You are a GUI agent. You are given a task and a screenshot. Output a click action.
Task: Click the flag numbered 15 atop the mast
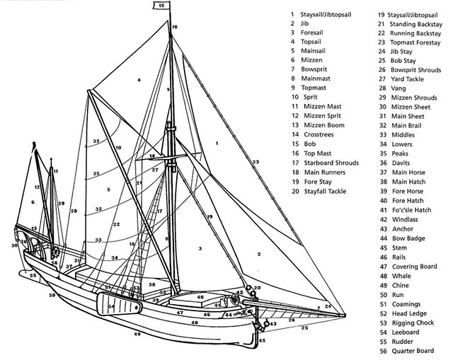[x=161, y=6]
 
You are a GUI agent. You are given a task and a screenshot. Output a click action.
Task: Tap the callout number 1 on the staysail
[x=217, y=144]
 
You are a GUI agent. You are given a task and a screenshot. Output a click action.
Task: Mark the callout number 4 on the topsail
[x=139, y=80]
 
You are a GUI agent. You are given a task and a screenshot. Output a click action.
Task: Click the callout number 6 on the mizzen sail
[x=33, y=203]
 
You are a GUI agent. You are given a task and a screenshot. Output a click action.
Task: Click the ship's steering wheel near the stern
[x=38, y=253]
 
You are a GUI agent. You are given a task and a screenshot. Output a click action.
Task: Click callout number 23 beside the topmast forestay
[x=255, y=163]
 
